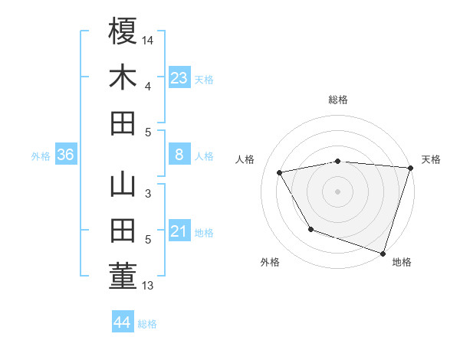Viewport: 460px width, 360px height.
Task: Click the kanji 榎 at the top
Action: [x=123, y=32]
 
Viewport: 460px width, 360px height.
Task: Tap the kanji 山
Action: [x=123, y=185]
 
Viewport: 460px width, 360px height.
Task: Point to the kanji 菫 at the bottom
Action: [x=123, y=277]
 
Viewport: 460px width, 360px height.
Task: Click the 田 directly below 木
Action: [x=123, y=123]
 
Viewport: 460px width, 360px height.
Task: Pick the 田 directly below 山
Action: [x=123, y=231]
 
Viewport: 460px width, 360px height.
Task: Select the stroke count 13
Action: [x=149, y=286]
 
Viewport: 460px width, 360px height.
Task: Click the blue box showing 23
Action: [x=179, y=77]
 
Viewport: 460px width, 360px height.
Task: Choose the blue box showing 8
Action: [x=179, y=155]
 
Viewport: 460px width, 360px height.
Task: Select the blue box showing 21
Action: [x=179, y=231]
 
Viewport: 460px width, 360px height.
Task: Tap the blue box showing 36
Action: [x=66, y=155]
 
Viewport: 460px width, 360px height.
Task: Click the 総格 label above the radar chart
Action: [x=337, y=100]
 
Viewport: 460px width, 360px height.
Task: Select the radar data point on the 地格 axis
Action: [x=383, y=253]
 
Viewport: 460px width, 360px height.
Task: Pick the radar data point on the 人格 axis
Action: [x=280, y=173]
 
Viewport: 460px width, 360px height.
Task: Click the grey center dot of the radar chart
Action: [x=337, y=191]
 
